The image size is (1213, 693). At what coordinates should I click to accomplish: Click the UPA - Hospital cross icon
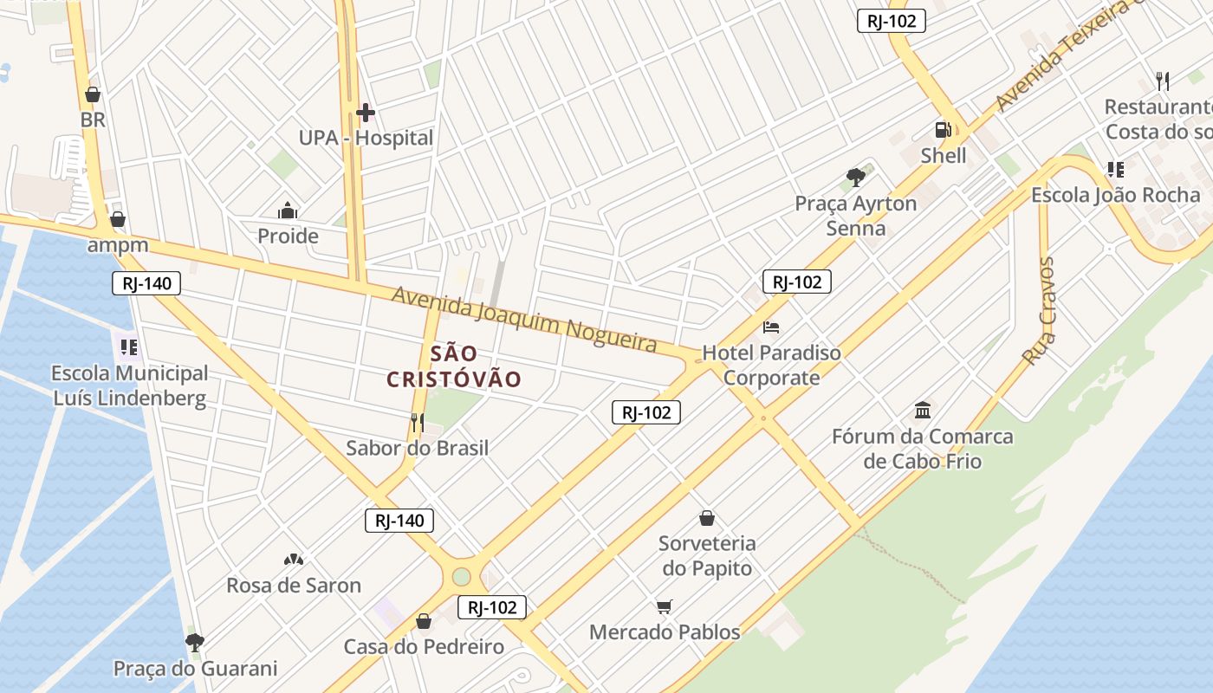click(366, 113)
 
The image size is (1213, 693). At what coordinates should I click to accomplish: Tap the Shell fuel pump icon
click(943, 130)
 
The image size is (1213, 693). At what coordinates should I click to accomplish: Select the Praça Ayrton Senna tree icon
click(856, 178)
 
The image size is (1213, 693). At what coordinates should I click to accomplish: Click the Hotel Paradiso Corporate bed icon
click(771, 327)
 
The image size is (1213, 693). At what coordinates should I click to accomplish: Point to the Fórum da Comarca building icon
click(923, 410)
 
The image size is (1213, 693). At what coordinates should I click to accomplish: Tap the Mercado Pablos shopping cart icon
click(665, 606)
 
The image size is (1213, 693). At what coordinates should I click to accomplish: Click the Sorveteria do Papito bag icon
click(707, 518)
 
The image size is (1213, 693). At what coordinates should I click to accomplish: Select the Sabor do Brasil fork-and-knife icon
click(418, 422)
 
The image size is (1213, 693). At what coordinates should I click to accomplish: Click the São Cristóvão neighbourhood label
click(454, 366)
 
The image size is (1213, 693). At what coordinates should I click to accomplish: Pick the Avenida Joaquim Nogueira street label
click(524, 320)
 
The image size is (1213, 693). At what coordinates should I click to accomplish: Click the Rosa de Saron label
click(294, 586)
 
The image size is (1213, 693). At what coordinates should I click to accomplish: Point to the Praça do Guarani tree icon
click(195, 642)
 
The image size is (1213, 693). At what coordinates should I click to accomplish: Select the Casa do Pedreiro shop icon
click(424, 621)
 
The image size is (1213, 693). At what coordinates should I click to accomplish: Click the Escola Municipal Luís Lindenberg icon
click(129, 347)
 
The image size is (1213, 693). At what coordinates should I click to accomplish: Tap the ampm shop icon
click(117, 219)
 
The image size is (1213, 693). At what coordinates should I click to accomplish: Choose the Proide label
click(288, 236)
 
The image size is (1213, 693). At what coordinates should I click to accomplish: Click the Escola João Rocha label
click(1115, 195)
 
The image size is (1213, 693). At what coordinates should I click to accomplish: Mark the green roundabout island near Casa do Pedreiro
click(461, 576)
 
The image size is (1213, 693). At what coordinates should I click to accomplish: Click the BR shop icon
click(93, 94)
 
